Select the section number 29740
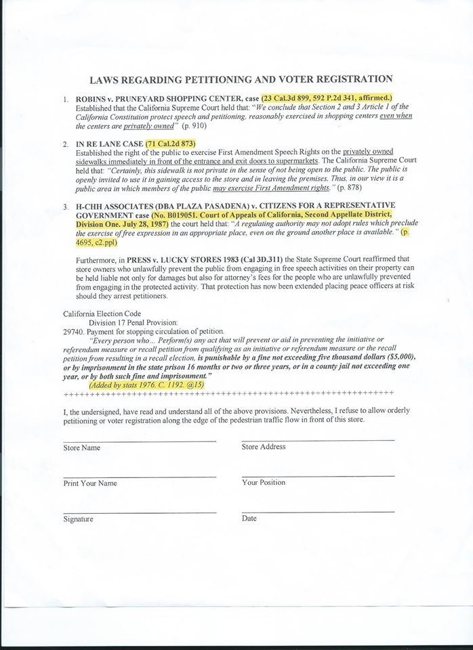click(73, 331)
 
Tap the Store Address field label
click(263, 447)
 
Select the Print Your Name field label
click(90, 483)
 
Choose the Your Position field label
click(263, 483)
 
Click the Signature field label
click(79, 519)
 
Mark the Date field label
click(249, 518)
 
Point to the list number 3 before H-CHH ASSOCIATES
click(65, 206)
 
